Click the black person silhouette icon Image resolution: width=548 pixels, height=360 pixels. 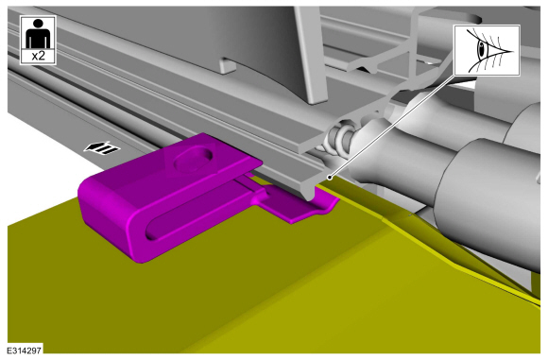pos(38,33)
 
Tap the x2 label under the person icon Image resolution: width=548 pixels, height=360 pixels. pos(38,56)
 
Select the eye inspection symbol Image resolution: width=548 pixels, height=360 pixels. pos(487,50)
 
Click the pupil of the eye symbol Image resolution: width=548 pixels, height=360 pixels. pos(483,50)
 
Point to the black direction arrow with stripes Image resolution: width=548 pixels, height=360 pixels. pos(102,148)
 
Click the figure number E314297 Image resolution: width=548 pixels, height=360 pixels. pos(25,351)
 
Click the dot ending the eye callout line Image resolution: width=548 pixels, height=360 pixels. pos(329,178)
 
